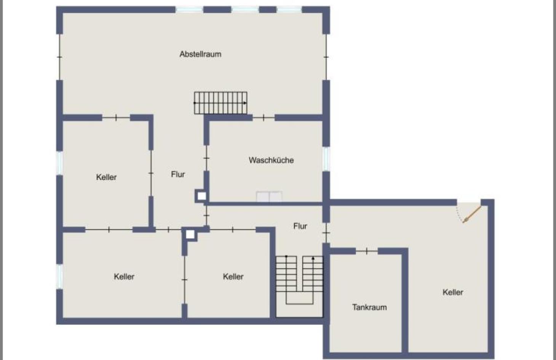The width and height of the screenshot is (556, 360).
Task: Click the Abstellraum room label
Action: [x=201, y=54]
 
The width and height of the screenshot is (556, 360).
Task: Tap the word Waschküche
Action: [x=271, y=160]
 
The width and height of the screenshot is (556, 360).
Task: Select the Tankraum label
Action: [x=370, y=307]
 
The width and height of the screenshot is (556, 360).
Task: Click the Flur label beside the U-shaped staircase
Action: [x=300, y=226]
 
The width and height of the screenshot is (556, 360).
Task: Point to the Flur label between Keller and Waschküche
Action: [x=178, y=174]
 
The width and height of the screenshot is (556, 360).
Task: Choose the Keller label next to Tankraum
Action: [x=453, y=292]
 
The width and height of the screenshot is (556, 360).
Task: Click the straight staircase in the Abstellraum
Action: [x=220, y=103]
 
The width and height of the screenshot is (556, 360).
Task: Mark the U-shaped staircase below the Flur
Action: [x=299, y=280]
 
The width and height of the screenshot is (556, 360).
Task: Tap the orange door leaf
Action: [x=472, y=214]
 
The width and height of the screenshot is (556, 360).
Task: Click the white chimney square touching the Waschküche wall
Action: [x=201, y=196]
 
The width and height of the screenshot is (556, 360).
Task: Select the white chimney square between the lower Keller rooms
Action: [x=190, y=234]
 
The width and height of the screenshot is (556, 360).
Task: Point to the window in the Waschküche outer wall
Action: [x=326, y=159]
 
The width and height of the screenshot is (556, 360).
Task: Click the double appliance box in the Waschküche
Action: [x=269, y=197]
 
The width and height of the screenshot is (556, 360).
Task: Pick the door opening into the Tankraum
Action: [x=367, y=251]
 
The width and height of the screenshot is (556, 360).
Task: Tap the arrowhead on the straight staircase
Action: [x=245, y=103]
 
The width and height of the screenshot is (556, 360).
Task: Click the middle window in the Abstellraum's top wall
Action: [x=245, y=10]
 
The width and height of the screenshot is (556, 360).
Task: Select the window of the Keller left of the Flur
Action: [x=60, y=163]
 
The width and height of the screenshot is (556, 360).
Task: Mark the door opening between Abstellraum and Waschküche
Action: [x=264, y=118]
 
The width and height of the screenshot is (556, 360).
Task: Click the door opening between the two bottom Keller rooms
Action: [x=184, y=280]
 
